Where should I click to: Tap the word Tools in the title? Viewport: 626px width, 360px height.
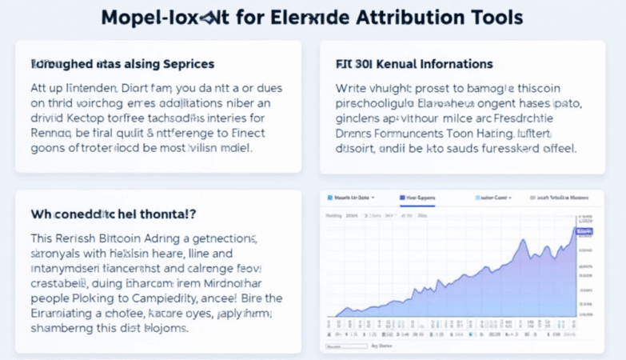coord(494,17)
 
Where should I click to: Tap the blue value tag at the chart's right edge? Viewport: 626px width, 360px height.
coord(584,231)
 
